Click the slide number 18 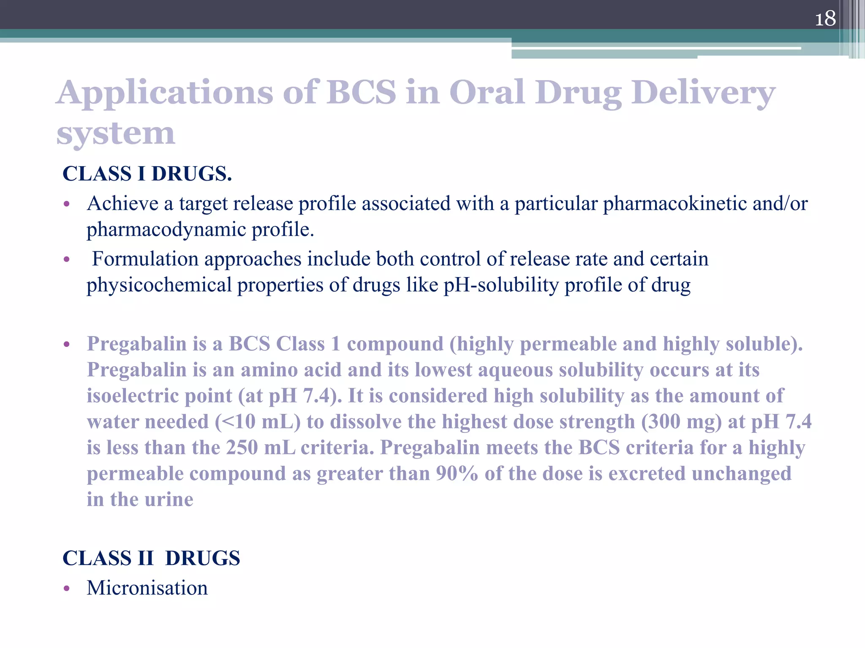[825, 19]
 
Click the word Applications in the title [165, 92]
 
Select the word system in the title [115, 133]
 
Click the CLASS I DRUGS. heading [147, 174]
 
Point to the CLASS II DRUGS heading [151, 558]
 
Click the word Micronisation [147, 588]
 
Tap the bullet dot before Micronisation [66, 589]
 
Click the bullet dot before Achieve [66, 205]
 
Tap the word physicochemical [159, 285]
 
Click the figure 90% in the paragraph [457, 474]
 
